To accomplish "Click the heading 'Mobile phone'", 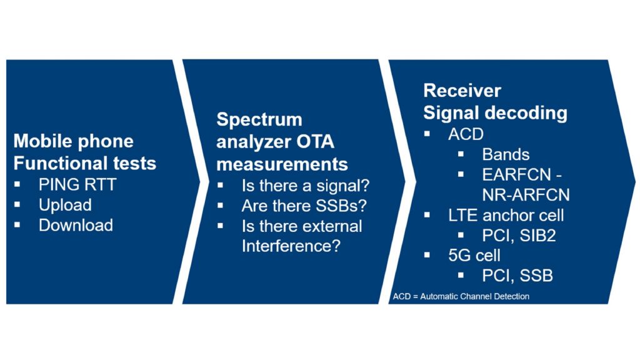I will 73,141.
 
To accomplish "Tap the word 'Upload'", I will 65,205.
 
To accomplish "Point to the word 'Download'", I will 76,225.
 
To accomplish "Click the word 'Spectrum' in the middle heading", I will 259,119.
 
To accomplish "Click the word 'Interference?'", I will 291,246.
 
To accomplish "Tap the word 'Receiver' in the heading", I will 462,91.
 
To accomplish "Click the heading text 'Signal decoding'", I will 495,113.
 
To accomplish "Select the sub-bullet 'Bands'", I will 506,154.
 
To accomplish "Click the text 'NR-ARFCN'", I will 525,194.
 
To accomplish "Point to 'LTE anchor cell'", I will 506,215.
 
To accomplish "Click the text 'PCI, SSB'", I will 517,275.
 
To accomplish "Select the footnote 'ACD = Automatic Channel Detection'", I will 461,296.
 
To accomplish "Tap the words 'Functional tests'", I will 85,163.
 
